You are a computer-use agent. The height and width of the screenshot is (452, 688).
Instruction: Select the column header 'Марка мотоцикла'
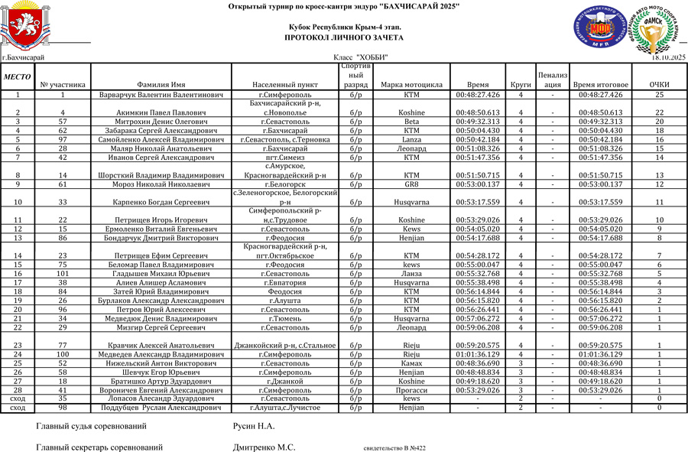click(x=411, y=85)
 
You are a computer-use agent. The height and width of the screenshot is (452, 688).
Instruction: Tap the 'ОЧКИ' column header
click(x=659, y=85)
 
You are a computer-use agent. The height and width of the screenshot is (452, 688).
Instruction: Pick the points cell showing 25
click(x=659, y=95)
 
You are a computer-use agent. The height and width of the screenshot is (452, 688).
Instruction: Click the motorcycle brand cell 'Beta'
click(x=411, y=122)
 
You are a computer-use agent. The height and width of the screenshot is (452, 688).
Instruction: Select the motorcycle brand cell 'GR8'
click(x=411, y=184)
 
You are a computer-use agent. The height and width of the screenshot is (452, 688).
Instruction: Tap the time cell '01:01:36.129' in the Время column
click(x=478, y=354)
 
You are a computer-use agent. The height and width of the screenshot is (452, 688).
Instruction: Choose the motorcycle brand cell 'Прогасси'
click(x=411, y=390)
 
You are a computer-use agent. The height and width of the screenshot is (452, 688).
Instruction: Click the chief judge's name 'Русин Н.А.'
click(x=253, y=426)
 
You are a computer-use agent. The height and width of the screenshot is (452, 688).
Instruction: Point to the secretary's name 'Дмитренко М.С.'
click(x=264, y=447)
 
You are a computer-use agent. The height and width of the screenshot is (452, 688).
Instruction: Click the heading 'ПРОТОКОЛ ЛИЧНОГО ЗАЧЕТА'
click(x=343, y=37)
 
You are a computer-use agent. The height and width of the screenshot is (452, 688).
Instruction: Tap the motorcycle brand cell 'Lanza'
click(x=411, y=140)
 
